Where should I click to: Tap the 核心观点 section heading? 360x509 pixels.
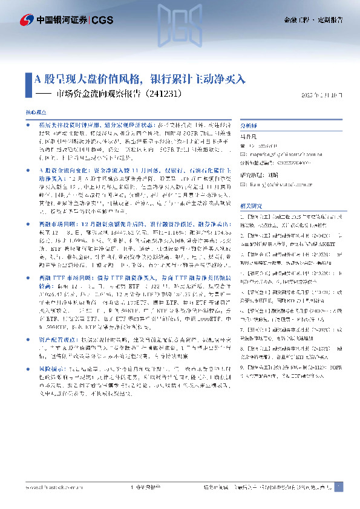pyautogui.click(x=35, y=113)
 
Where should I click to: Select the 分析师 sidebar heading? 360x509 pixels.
pyautogui.click(x=249, y=126)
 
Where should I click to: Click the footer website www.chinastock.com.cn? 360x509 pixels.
pyautogui.click(x=51, y=488)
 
